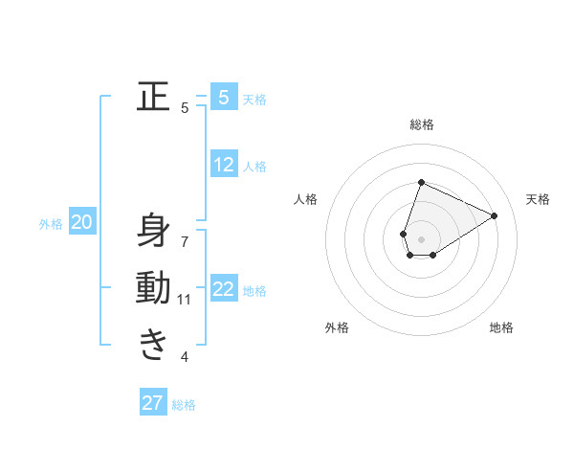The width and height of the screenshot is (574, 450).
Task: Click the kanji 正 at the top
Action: click(x=153, y=97)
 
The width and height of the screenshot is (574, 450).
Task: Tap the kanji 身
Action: click(x=153, y=231)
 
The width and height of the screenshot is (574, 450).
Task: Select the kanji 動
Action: click(x=153, y=287)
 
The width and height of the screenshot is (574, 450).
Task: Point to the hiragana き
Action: click(x=153, y=344)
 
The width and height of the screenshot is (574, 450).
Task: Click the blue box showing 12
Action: click(x=224, y=165)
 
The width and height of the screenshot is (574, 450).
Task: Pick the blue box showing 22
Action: click(x=224, y=289)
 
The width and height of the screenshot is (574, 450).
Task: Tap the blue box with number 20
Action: click(x=81, y=222)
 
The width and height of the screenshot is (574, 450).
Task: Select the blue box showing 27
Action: click(x=153, y=403)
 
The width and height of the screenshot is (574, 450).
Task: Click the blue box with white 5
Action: click(x=224, y=97)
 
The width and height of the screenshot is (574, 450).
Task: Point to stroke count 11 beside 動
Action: click(x=185, y=300)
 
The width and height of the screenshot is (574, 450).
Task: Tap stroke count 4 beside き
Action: click(x=185, y=357)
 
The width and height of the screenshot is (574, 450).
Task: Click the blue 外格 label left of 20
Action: click(x=51, y=224)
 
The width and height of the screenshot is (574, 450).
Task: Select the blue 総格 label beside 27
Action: click(x=184, y=405)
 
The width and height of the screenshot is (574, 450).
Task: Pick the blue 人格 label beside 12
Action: click(x=254, y=167)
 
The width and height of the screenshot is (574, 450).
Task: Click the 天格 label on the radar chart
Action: click(x=538, y=199)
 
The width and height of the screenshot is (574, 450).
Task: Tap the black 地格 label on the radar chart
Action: click(x=501, y=327)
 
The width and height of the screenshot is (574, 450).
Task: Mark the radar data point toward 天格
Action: click(x=494, y=215)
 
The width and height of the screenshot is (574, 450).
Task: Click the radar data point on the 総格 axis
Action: click(x=421, y=183)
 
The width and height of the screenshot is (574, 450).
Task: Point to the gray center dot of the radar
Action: click(x=421, y=239)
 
